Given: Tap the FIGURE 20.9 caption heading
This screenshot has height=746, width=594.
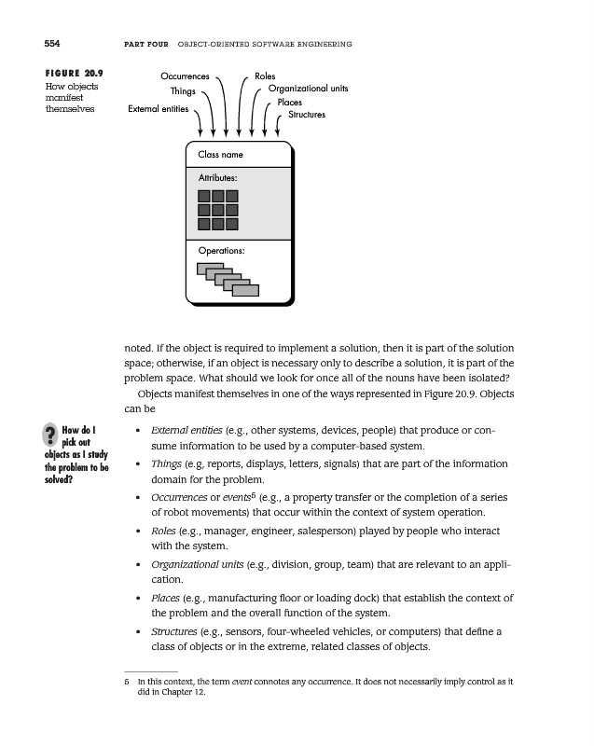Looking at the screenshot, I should [74, 72].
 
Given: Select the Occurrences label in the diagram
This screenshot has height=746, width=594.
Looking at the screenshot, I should [185, 76].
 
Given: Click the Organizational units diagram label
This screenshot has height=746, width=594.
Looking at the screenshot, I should [309, 89].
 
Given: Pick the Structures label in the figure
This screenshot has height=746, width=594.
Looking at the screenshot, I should [306, 115].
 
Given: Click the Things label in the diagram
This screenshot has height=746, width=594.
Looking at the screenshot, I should [182, 91].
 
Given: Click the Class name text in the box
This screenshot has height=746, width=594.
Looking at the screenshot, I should [220, 154].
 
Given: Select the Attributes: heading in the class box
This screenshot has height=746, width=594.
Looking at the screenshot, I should [218, 177].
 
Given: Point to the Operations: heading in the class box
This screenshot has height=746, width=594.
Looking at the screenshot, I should [222, 251].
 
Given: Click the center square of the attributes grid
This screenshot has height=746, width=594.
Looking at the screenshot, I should [218, 210].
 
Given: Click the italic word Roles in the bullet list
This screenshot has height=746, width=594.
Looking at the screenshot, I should [164, 531].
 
